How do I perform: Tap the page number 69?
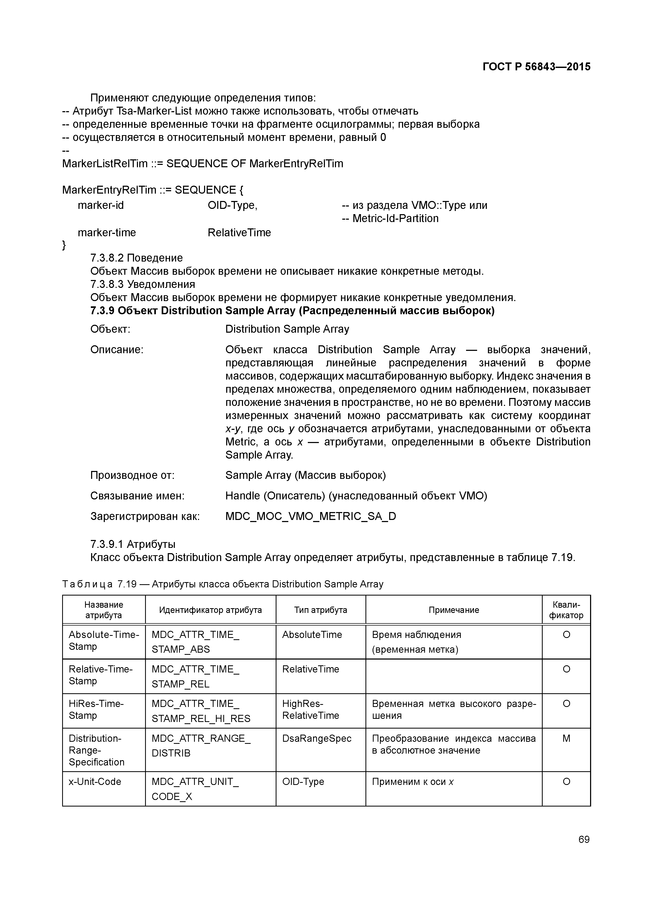coord(584,839)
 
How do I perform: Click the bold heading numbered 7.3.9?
coord(293,311)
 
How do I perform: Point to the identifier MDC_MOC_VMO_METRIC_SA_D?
coord(311,516)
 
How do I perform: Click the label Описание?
coord(117,350)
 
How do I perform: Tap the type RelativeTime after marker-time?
coord(239,233)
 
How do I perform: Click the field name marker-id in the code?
coord(101,205)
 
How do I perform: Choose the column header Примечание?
coord(453,610)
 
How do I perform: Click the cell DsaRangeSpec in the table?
coord(317,739)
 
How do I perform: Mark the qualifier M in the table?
coord(566,739)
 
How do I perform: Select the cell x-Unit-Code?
coord(95,782)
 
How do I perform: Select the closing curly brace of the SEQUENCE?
coord(64,245)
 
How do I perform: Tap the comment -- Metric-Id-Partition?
coord(390,219)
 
